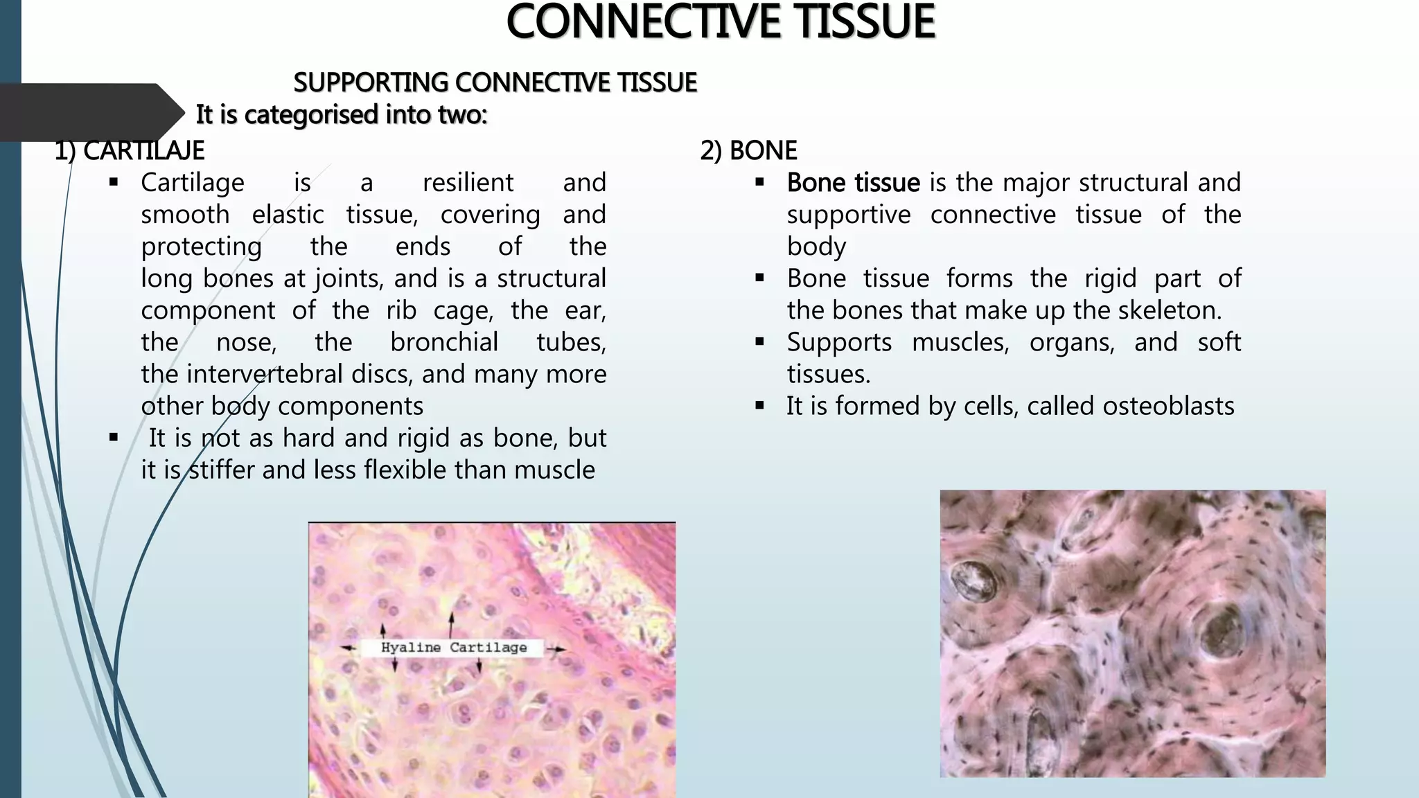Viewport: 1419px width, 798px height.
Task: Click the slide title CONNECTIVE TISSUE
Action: [x=721, y=22]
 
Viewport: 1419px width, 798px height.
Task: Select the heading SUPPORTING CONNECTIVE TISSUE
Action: [x=495, y=82]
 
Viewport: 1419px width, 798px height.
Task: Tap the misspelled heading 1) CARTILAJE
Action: [x=130, y=150]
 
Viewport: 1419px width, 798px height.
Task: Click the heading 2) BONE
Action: [x=748, y=150]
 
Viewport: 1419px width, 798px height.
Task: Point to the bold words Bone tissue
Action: [x=853, y=183]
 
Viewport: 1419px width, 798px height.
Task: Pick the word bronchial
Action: [x=444, y=342]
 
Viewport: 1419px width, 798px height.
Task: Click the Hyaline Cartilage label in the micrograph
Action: [x=454, y=648]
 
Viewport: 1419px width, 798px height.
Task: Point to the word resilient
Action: [x=468, y=183]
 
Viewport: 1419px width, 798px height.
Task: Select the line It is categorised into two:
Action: [x=342, y=114]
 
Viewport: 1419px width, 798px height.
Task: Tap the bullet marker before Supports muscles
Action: [x=760, y=342]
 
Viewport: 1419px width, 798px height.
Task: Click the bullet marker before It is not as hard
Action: [x=114, y=438]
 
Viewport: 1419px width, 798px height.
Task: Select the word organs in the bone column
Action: [x=1071, y=342]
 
